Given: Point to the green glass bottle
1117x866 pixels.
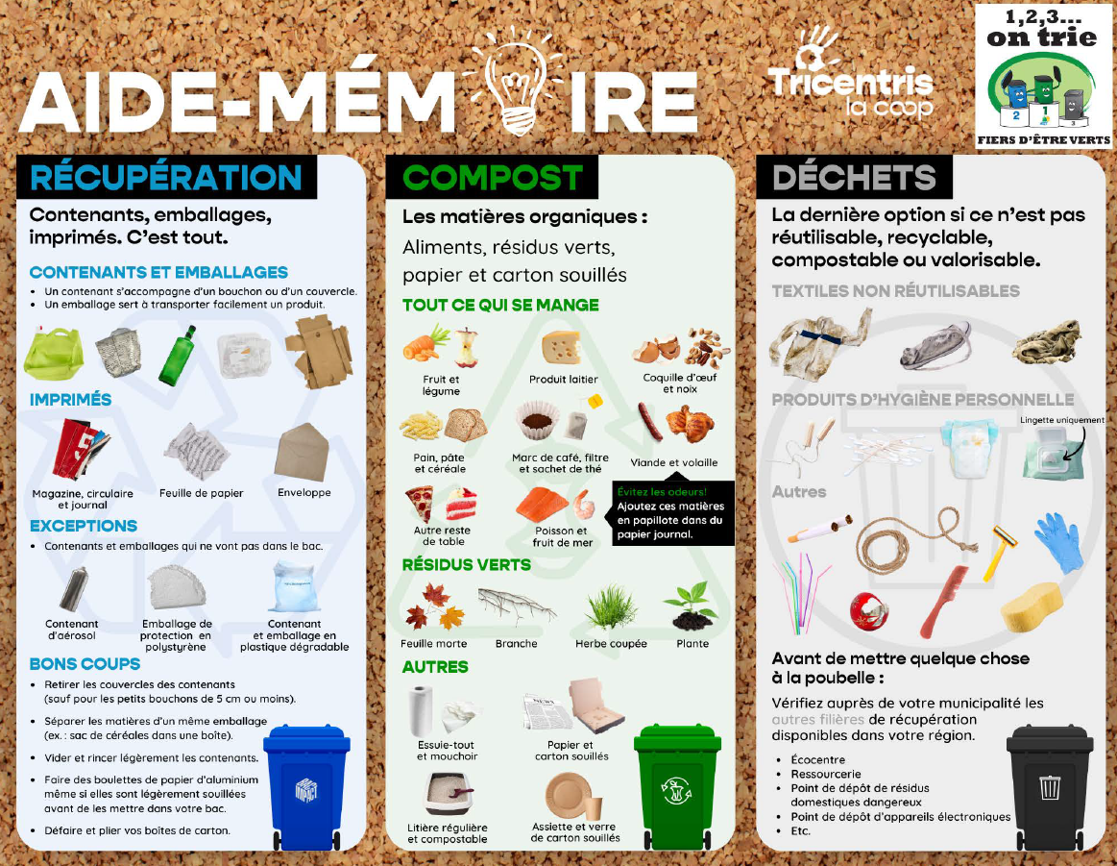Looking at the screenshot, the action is coord(177,356).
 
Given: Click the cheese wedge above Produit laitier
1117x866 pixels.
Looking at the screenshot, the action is coord(561,348).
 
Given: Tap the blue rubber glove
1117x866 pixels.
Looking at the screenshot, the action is coord(1059,542).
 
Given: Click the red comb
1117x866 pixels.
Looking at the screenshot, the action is coord(945,601).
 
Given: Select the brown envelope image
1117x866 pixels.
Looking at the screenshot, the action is coord(303,452).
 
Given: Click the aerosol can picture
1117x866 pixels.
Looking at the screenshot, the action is coord(73,589).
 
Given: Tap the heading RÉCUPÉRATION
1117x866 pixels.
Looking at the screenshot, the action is coord(166,178).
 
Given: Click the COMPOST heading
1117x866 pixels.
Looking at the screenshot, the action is coord(493,178).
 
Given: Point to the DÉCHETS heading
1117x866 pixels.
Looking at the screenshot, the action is coord(854,178).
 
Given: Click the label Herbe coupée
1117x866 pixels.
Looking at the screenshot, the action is coord(611,644).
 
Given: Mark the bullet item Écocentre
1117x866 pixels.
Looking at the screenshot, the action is coord(817,760).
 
